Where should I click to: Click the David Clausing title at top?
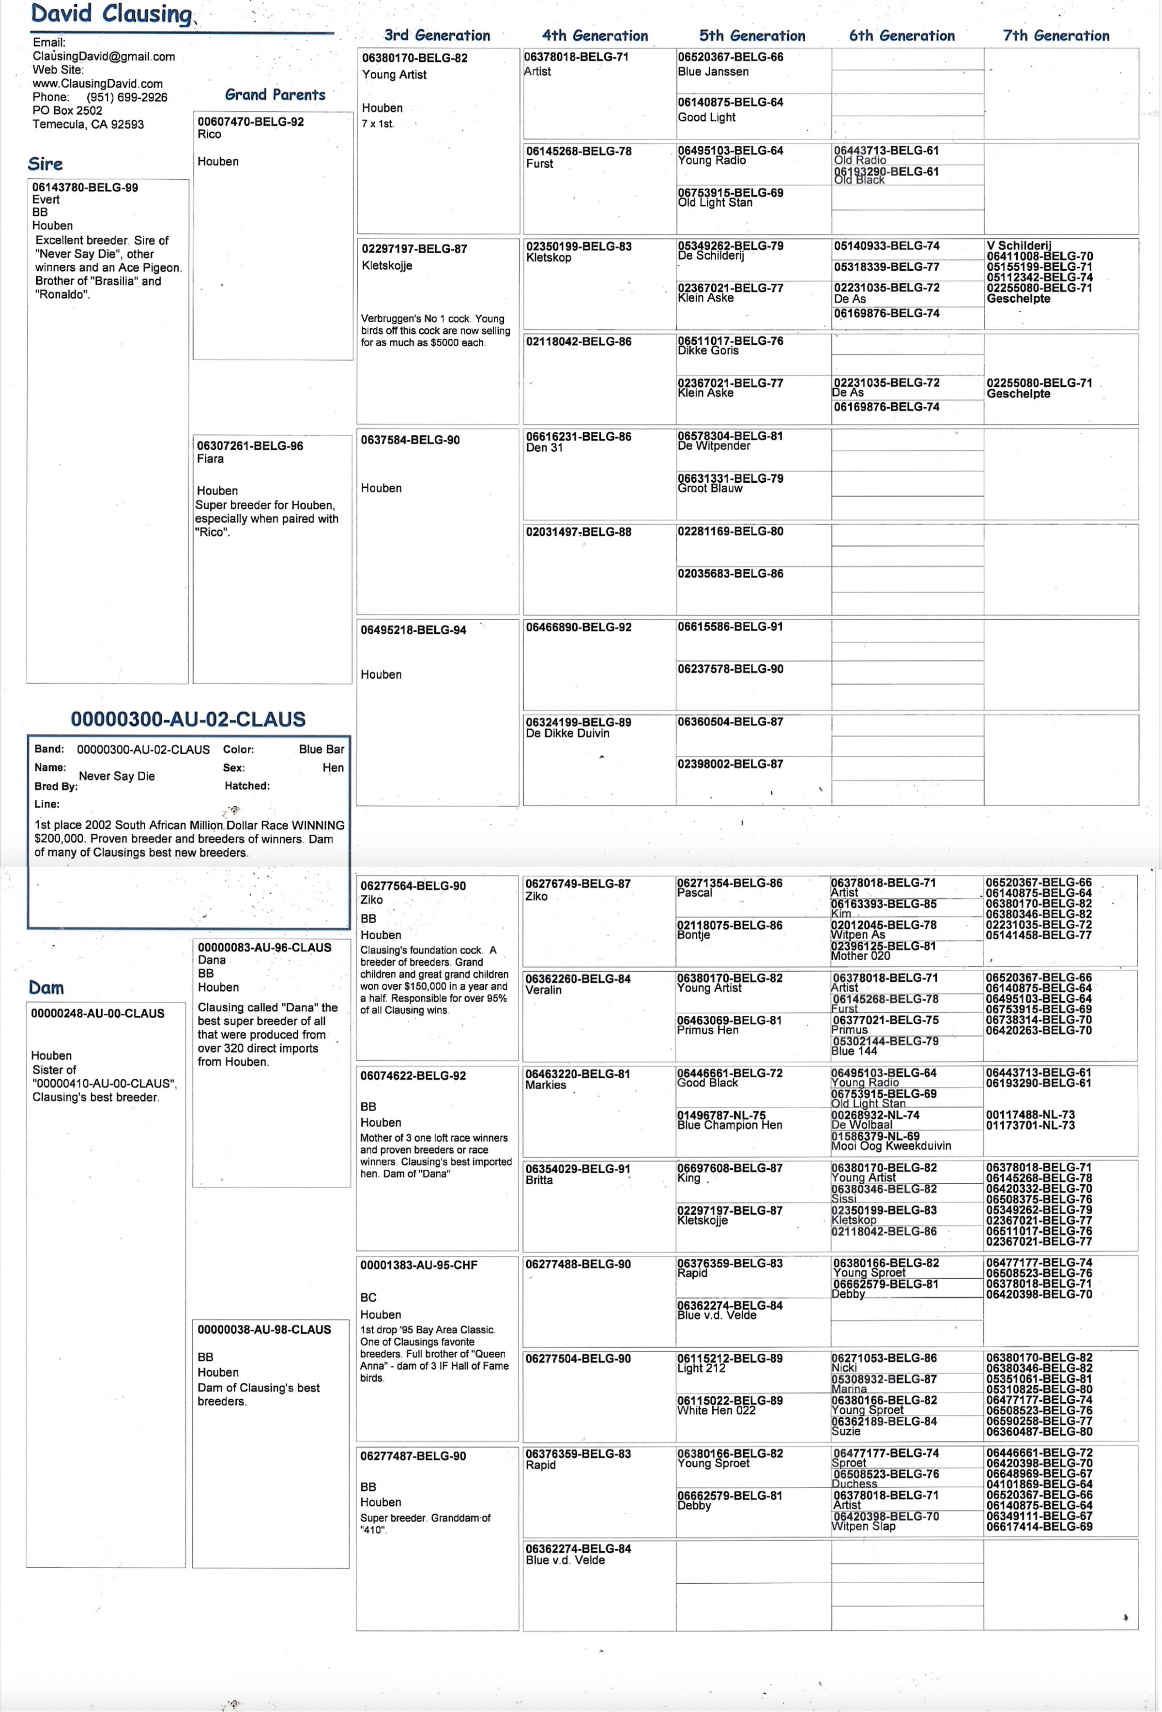pyautogui.click(x=112, y=14)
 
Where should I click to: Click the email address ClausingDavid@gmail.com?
pyautogui.click(x=104, y=56)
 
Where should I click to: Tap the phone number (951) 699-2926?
pyautogui.click(x=127, y=97)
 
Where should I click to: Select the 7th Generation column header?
pyautogui.click(x=1056, y=35)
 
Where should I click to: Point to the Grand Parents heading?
pyautogui.click(x=275, y=95)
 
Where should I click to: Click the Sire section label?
pyautogui.click(x=45, y=164)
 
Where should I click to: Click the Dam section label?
pyautogui.click(x=46, y=988)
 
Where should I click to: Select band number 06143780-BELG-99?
pyautogui.click(x=85, y=187)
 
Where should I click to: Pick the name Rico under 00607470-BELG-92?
pyautogui.click(x=209, y=134)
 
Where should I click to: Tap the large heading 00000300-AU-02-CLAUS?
pyautogui.click(x=188, y=719)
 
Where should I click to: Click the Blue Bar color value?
pyautogui.click(x=321, y=749)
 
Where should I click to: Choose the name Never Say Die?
pyautogui.click(x=116, y=776)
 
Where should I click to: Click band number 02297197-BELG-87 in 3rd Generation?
pyautogui.click(x=413, y=249)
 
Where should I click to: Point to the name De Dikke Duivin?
pyautogui.click(x=567, y=733)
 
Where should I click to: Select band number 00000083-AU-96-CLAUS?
pyautogui.click(x=264, y=948)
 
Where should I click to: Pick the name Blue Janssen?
pyautogui.click(x=713, y=72)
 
